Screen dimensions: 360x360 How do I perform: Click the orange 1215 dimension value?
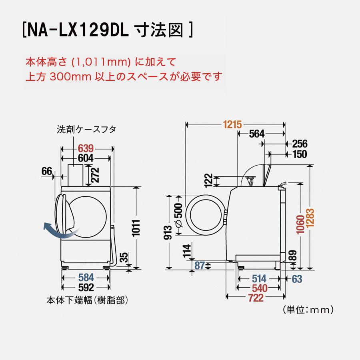[x=232, y=125]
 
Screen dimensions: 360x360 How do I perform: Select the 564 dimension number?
[x=257, y=134]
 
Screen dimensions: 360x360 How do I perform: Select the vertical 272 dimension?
[x=94, y=174]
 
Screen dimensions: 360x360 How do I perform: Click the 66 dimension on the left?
[x=47, y=171]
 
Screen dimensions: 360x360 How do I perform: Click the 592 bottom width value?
[x=86, y=288]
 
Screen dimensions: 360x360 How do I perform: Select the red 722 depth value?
[x=256, y=297]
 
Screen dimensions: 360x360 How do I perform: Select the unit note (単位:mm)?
[x=306, y=309]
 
